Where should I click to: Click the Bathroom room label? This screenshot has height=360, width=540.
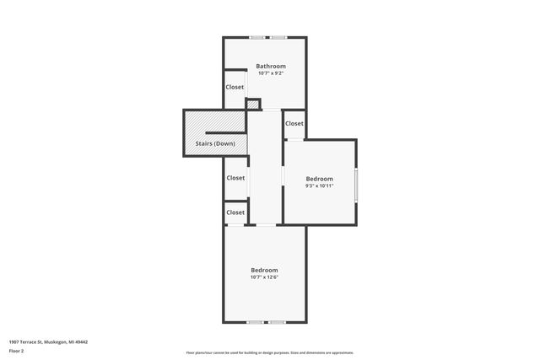(271, 66)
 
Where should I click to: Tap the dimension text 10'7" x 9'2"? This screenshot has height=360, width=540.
(271, 73)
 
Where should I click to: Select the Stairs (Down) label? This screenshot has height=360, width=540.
(215, 143)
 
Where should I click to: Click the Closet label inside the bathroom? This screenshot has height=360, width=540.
(235, 87)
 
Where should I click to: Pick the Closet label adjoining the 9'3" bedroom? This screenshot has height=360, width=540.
(294, 124)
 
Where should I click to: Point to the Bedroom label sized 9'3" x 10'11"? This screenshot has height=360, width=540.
(319, 178)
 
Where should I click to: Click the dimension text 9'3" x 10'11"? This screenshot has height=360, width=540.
(319, 185)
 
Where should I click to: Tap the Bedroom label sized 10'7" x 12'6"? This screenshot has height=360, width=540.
(264, 270)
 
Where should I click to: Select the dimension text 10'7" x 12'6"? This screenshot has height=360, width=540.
(264, 277)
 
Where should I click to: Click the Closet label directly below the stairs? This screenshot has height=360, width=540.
(235, 178)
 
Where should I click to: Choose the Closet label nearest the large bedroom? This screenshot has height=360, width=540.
(235, 212)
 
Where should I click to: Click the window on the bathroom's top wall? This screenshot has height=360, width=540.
(267, 37)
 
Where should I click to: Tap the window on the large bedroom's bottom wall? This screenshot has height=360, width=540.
(265, 322)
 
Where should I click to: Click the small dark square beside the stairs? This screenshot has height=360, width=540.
(252, 104)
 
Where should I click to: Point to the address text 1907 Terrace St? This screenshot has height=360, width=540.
(48, 342)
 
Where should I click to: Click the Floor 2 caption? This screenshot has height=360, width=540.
(17, 350)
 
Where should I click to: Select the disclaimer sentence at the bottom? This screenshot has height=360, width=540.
(269, 352)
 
